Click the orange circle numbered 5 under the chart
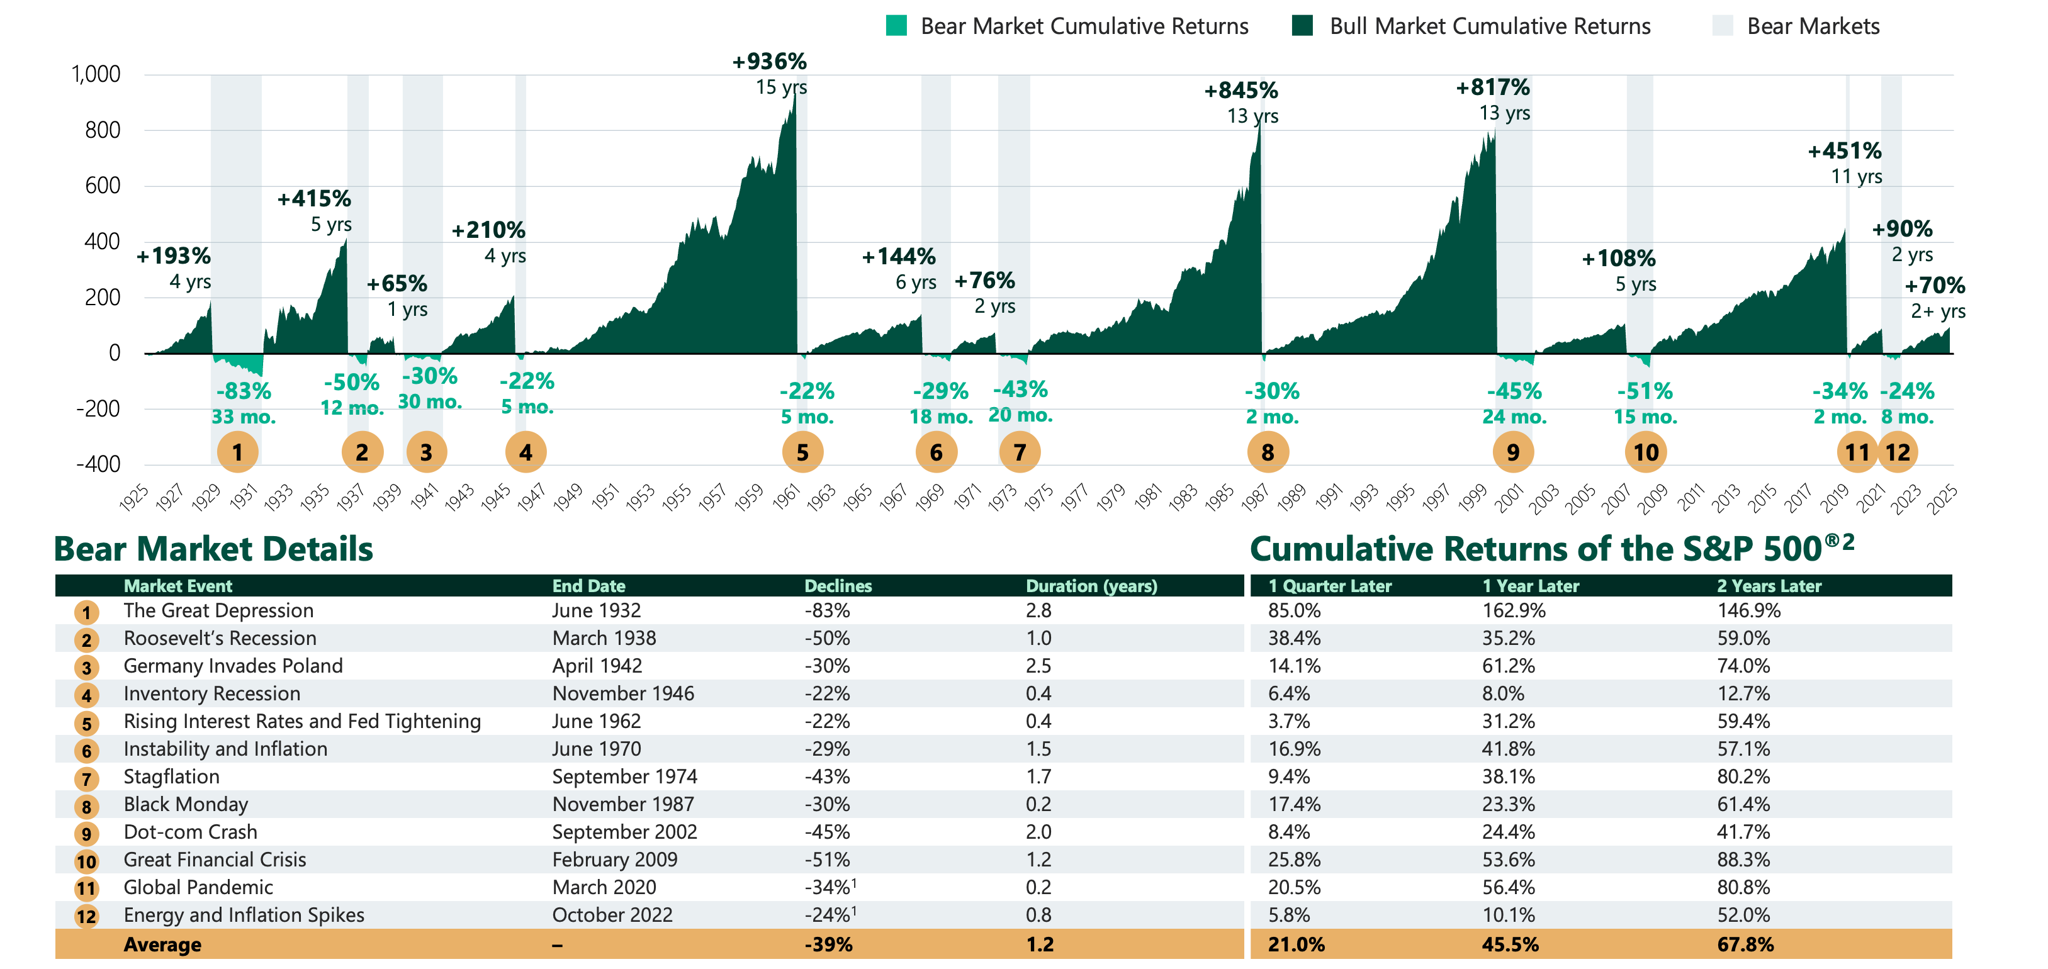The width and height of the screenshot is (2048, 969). pos(802,452)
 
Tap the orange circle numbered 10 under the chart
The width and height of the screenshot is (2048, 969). pos(1645,452)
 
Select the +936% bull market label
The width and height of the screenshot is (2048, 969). pos(769,61)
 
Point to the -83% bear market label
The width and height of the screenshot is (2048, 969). pos(244,391)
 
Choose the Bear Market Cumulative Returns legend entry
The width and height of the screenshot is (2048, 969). pos(1084,26)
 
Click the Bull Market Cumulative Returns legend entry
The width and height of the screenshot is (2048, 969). pos(1490,26)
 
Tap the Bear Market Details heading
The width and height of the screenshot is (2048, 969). pos(213,549)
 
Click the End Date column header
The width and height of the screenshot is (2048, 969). pos(588,586)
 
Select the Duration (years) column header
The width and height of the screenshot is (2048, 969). pos(1091,586)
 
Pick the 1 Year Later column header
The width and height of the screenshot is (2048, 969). pos(1531,586)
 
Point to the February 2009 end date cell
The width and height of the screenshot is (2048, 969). pos(614,860)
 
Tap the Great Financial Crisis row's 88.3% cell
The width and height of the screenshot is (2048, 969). pos(1743,860)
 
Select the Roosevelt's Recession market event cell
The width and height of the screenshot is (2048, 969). pos(220,638)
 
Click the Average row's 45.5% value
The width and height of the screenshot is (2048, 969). pos(1510,944)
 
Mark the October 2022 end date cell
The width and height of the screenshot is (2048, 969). pos(612,915)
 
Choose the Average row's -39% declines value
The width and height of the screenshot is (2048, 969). pos(828,944)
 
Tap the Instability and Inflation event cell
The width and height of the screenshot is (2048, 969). pos(225,749)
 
